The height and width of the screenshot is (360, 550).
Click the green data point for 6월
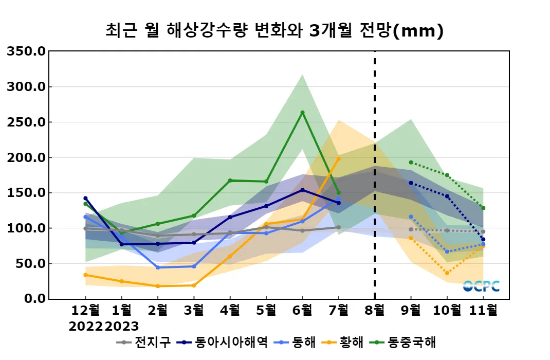302,113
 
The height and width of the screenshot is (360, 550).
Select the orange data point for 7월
338,159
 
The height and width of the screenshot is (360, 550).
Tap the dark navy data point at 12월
85,198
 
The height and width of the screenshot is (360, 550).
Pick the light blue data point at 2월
157,267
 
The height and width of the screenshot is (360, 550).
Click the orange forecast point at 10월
447,273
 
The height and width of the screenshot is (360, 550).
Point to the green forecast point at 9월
411,163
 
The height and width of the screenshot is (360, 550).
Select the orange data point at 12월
85,275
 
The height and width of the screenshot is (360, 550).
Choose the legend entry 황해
352,342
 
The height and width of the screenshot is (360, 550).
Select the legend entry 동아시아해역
226,342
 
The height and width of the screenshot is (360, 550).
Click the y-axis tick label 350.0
26,51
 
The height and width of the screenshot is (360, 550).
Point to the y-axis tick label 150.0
26,193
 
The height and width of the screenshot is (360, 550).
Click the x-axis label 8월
374,311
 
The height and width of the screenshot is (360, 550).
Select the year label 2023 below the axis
122,326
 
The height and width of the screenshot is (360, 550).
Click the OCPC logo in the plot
481,286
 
